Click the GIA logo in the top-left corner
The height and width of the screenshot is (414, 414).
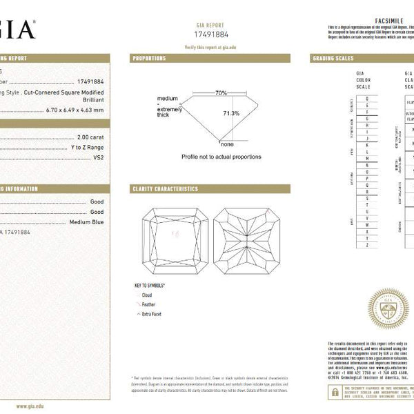tap(15, 30)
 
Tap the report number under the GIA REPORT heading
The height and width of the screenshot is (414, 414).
tap(213, 33)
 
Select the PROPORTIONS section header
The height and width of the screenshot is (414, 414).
tap(149, 59)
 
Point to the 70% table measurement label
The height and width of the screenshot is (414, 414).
tap(221, 92)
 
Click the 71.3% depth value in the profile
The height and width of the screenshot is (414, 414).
tap(231, 113)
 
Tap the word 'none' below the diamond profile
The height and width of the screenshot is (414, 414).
tap(226, 144)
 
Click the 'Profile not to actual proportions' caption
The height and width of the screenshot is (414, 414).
tap(221, 157)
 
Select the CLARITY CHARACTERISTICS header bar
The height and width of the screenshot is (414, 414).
tap(165, 188)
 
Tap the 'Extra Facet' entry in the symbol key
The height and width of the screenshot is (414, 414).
tap(152, 313)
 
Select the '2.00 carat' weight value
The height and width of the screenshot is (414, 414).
tap(91, 137)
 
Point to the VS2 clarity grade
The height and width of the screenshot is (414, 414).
tap(98, 158)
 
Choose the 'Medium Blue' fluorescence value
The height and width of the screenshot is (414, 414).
tap(87, 222)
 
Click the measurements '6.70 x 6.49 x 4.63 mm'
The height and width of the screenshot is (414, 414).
tap(75, 110)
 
